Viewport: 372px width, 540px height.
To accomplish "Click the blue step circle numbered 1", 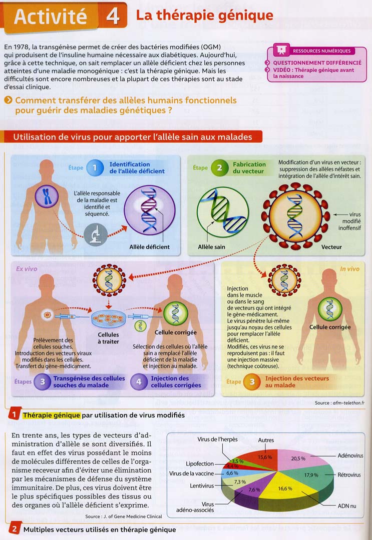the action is pos(95,168).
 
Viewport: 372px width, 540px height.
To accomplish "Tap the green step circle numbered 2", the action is pos(219,168).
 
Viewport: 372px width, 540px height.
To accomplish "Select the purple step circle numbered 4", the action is pos(139,382).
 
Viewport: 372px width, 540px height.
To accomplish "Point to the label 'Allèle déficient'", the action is pos(149,246).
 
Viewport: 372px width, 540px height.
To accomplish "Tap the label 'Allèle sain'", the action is pos(212,246).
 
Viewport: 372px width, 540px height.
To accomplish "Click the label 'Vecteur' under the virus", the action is pos(331,246).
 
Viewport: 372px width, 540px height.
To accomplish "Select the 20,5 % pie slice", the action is pos(298,458).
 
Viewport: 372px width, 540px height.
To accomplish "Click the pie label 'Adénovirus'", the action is pos(350,455).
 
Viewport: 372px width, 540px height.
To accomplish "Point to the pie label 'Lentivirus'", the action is pos(202,485).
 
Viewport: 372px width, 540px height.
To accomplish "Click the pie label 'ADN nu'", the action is pos(346,506).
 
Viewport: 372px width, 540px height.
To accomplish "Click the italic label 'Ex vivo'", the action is pos(26,268).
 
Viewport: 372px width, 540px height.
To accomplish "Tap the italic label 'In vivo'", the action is pos(349,269).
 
